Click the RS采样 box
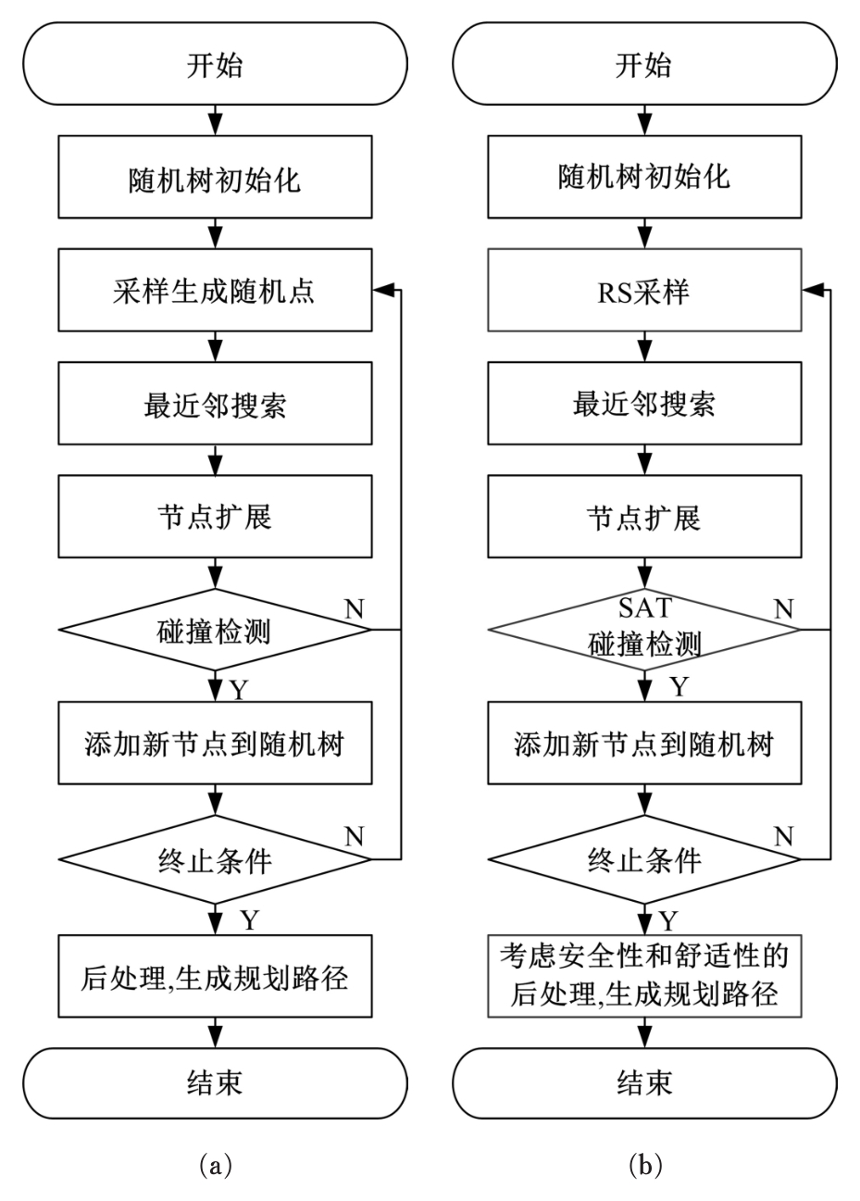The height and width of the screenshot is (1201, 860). point(644,292)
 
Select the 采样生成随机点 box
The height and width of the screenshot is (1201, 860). point(215,292)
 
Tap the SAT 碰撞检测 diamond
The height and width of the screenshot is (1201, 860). point(644,630)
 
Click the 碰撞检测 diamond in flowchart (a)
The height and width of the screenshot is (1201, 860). point(215,630)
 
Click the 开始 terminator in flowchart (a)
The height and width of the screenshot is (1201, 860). point(215,68)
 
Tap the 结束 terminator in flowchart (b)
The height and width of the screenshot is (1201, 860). point(644,1082)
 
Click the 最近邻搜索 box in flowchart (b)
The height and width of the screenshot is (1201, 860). point(644,405)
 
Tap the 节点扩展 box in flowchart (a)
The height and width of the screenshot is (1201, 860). point(215,517)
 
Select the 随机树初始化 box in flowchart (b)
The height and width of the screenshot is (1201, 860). point(644,178)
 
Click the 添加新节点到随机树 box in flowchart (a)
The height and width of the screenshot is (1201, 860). point(215,744)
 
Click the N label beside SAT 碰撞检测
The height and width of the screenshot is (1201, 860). point(783,607)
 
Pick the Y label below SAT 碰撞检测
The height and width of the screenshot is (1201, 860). point(679,687)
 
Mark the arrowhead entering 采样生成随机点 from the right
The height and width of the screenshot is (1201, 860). point(380,292)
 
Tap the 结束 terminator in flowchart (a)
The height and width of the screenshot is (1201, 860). point(215,1082)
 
